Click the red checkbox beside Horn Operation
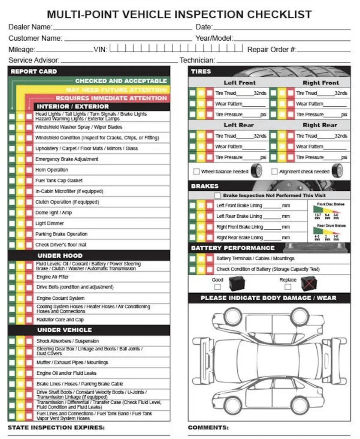click(x=29, y=170)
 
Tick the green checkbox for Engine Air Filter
click(x=12, y=277)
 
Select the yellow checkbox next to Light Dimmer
click(x=20, y=223)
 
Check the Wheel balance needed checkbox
click(x=197, y=171)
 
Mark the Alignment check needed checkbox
click(x=275, y=171)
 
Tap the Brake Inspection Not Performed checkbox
click(x=218, y=195)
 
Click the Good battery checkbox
click(x=218, y=287)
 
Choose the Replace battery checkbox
click(x=287, y=287)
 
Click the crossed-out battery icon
click(x=309, y=283)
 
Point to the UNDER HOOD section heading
click(x=60, y=256)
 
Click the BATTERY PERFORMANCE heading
click(x=233, y=248)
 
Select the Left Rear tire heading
click(x=239, y=125)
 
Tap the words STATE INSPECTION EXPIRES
click(x=56, y=427)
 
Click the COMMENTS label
click(x=208, y=427)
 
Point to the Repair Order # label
click(x=272, y=50)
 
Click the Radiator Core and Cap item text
click(x=60, y=320)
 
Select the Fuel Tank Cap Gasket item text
click(x=59, y=180)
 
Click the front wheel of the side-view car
click(x=232, y=404)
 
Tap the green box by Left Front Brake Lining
click(x=192, y=205)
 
